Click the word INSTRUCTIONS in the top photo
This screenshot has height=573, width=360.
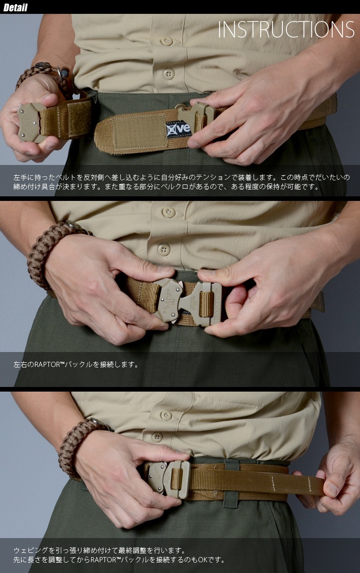coord(286,30)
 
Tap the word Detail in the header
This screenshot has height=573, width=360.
coord(15,7)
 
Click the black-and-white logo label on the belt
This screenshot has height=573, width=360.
coord(178,128)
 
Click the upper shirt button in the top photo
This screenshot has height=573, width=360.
coord(167,41)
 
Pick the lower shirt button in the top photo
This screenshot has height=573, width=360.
coord(169,74)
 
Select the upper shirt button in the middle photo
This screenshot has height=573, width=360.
coord(168,212)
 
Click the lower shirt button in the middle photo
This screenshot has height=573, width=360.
coord(164,250)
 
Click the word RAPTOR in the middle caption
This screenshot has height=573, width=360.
coord(46,364)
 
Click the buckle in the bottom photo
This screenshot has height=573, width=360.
coord(169,479)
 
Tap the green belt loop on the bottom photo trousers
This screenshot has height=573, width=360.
coord(231,483)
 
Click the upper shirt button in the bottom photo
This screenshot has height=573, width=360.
coord(166,416)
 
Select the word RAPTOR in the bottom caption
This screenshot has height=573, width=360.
coord(103,560)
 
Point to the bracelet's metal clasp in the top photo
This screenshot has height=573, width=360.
coord(43,66)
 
